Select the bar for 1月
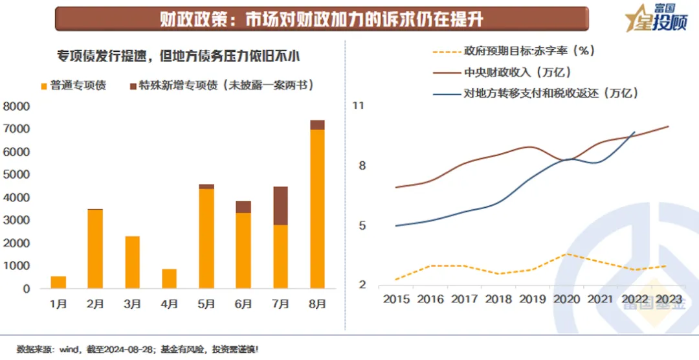tap(58, 282)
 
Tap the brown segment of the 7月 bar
tap(280, 206)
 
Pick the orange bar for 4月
tap(169, 279)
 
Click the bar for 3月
tap(132, 262)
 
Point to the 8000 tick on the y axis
tap(17, 106)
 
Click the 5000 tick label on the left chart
tap(17, 175)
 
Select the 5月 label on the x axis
tap(206, 304)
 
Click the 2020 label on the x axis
tap(567, 299)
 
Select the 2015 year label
tap(396, 299)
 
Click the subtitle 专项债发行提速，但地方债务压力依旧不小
tap(179, 56)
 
